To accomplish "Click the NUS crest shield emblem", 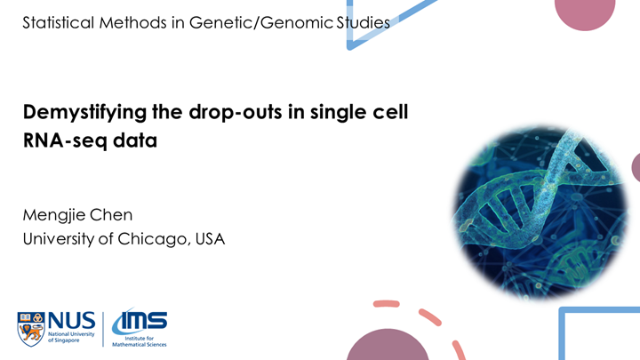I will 30,329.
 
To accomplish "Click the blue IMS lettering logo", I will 140,320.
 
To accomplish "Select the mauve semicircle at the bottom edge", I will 388,347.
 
